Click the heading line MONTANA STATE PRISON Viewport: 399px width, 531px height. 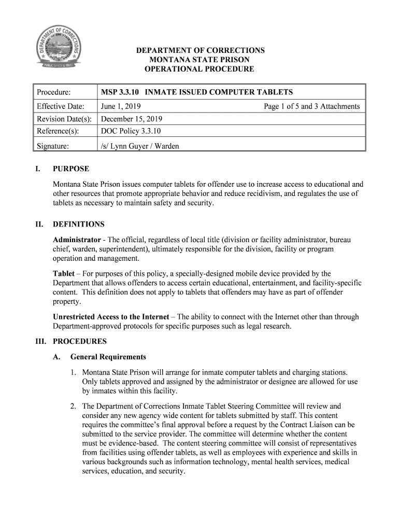[200, 60]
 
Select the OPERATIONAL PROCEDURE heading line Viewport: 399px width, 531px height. [200, 69]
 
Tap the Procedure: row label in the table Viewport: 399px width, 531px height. [53, 92]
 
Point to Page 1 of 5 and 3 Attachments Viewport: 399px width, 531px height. [311, 106]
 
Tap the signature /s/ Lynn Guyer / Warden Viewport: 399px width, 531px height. [140, 146]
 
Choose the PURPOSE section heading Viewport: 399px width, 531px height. [71, 169]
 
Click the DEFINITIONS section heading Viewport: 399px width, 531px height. [79, 225]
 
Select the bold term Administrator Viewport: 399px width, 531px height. [77, 240]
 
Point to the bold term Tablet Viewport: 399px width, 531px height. [64, 273]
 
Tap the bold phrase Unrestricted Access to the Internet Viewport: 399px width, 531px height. [111, 316]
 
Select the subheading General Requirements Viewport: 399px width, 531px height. [108, 357]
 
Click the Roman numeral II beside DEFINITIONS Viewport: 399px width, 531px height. [39, 225]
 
